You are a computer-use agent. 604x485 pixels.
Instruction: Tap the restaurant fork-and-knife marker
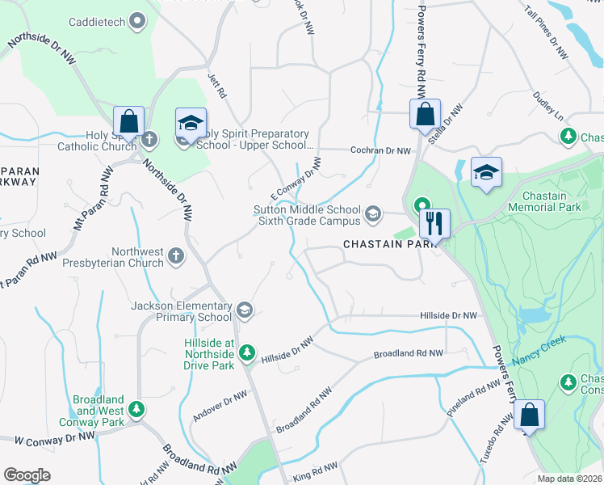(434, 223)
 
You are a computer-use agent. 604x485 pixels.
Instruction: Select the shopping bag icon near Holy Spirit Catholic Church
(128, 122)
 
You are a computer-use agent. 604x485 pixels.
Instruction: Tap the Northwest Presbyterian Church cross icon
(177, 257)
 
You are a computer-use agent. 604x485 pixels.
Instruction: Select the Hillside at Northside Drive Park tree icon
(247, 353)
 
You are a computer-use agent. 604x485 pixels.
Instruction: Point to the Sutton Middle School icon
(372, 214)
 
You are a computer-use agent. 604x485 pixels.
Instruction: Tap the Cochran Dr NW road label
(380, 150)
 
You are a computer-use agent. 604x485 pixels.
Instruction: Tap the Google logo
(27, 475)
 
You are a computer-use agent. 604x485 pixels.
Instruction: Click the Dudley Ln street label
(547, 107)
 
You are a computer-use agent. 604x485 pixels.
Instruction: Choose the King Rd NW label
(314, 468)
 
